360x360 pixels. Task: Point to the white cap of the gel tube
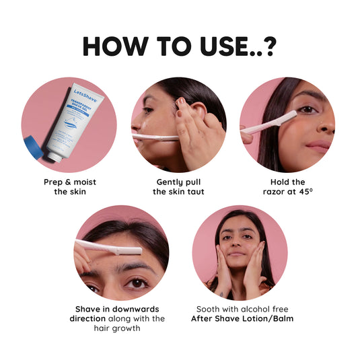tap(53, 156)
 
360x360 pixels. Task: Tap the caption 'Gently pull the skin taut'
tap(178, 186)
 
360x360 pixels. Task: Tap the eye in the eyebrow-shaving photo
tap(137, 283)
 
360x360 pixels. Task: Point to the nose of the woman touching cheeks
tap(239, 246)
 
